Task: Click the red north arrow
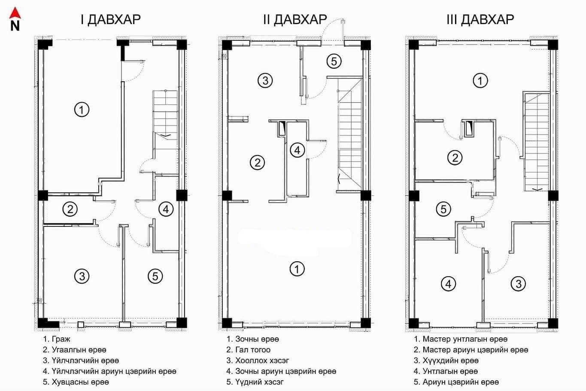click(15, 13)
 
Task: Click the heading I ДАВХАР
click(110, 19)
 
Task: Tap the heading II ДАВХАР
click(295, 19)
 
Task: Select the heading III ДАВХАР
click(480, 19)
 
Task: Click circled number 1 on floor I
click(82, 110)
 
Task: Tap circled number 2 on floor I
click(70, 209)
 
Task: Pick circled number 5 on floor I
click(155, 276)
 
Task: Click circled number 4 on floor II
click(298, 150)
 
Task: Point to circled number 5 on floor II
click(334, 61)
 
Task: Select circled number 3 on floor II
click(265, 80)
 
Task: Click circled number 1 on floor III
click(480, 80)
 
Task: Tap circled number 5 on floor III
click(444, 209)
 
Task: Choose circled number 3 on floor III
click(518, 284)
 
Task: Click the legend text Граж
click(61, 339)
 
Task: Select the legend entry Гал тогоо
click(253, 350)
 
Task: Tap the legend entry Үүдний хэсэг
click(259, 382)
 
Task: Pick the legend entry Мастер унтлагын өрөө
click(465, 339)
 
